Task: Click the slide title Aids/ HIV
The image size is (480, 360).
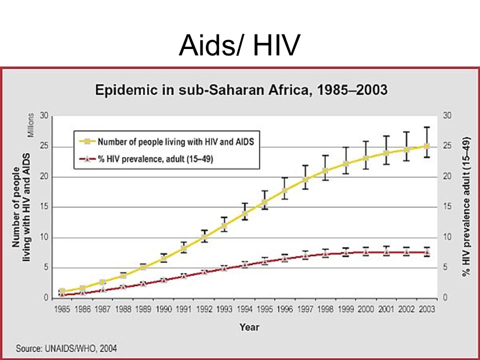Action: [x=239, y=45]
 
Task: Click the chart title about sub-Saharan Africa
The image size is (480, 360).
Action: [x=241, y=90]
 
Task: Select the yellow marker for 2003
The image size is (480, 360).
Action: [x=426, y=146]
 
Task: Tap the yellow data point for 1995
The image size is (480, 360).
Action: [x=264, y=202]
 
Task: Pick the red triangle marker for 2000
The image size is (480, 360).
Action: [x=365, y=252]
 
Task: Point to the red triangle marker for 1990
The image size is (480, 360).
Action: [x=163, y=279]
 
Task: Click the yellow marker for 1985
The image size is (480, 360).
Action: [x=62, y=291]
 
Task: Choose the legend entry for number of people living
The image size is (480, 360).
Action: [x=167, y=141]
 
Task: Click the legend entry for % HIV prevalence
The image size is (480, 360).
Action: [x=146, y=159]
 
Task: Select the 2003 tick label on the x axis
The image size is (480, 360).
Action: [x=426, y=309]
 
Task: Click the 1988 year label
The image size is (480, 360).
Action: [x=123, y=309]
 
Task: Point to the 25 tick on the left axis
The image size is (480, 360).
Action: [x=44, y=146]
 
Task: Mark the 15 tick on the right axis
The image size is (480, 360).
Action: [x=447, y=206]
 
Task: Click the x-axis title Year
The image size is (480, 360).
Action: [x=249, y=327]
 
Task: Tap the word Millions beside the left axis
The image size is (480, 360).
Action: [x=31, y=125]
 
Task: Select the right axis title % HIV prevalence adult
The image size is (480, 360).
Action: [x=466, y=207]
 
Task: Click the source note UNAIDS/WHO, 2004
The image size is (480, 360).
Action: [x=66, y=348]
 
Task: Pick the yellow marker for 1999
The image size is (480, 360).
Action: [x=346, y=164]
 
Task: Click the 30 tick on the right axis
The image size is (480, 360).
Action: [x=447, y=115]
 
